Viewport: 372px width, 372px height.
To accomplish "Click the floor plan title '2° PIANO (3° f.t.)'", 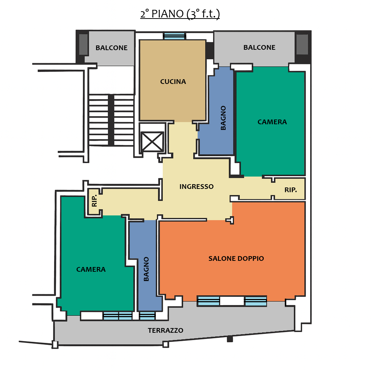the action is click(180, 14).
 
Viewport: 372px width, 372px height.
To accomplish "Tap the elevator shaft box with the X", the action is click(152, 142).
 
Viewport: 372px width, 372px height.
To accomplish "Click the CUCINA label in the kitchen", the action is click(173, 82).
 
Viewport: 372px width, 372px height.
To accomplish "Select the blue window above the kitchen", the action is click(174, 36).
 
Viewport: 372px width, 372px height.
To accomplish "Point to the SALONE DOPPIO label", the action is click(236, 258).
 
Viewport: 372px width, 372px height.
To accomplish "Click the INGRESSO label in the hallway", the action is click(197, 187).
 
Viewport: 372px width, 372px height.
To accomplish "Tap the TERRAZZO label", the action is click(166, 331).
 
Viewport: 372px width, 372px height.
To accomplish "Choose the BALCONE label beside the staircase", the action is click(112, 48).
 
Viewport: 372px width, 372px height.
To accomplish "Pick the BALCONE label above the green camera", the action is click(259, 48).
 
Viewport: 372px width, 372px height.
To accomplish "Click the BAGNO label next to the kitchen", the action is click(223, 118).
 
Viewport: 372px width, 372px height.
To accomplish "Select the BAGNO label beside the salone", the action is click(146, 269).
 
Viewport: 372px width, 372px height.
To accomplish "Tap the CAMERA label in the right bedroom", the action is click(272, 122).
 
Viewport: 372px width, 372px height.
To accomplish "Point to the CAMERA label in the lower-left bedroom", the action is click(91, 270).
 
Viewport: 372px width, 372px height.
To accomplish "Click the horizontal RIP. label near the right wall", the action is click(291, 190).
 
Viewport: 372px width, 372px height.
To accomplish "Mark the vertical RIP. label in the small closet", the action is click(94, 201).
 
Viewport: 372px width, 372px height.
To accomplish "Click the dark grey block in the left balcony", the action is click(83, 45).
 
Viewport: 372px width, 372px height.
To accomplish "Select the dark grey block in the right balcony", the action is click(302, 45).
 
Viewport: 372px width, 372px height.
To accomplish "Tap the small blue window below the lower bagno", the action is click(147, 316).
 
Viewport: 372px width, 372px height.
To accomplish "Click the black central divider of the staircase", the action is click(111, 120).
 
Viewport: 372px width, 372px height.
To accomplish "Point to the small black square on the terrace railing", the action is click(230, 339).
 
